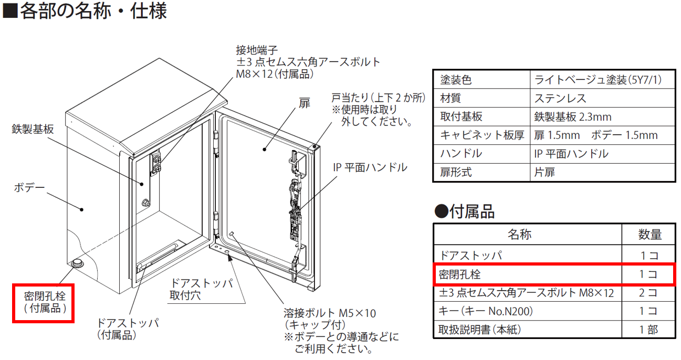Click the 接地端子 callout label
[257, 50]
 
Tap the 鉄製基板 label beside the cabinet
[33, 129]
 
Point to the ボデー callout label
[29, 187]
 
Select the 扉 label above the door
[305, 103]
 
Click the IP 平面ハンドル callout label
[370, 167]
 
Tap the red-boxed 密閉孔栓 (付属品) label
[44, 303]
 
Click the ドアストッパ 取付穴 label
[201, 289]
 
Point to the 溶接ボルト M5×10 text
[330, 313]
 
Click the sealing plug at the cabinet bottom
[78, 263]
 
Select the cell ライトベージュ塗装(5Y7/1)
[598, 80]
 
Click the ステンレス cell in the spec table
[560, 99]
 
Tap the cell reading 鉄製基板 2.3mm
[573, 117]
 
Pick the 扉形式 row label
[456, 172]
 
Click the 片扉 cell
[544, 172]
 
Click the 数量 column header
[649, 235]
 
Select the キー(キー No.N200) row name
[486, 311]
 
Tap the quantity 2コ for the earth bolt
[648, 293]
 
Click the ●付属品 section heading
[465, 211]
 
